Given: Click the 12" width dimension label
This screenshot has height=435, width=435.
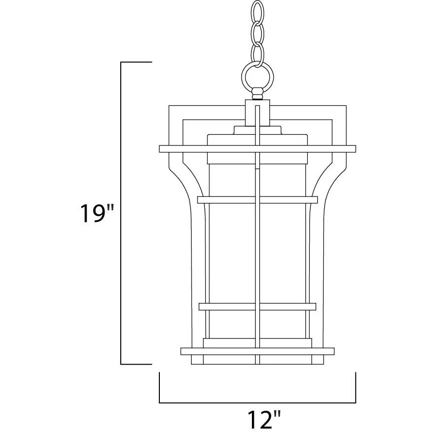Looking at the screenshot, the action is click(264, 420).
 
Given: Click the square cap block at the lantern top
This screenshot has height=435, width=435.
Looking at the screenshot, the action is click(257, 113).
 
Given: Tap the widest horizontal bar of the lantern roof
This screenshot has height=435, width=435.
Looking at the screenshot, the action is click(257, 148).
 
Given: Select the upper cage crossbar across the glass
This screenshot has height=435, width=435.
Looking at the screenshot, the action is click(257, 200).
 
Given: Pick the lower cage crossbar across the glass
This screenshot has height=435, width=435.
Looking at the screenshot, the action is click(257, 306).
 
